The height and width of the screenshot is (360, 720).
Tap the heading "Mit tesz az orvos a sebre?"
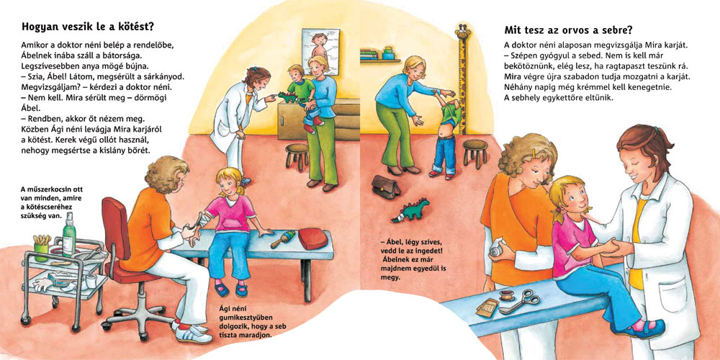tap(569, 30)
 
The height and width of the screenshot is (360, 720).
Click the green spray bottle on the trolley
tap(69, 235)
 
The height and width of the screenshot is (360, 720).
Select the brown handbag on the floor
tap(386, 186)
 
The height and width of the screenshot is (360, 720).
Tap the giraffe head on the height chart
tap(463, 33)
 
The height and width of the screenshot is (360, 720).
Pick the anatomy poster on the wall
tap(320, 50)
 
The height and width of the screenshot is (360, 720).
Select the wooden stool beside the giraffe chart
tap(474, 153)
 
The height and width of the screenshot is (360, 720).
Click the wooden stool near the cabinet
tap(297, 156)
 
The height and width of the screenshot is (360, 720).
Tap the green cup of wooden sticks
tap(41, 248)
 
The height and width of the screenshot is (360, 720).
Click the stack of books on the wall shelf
tap(369, 54)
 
